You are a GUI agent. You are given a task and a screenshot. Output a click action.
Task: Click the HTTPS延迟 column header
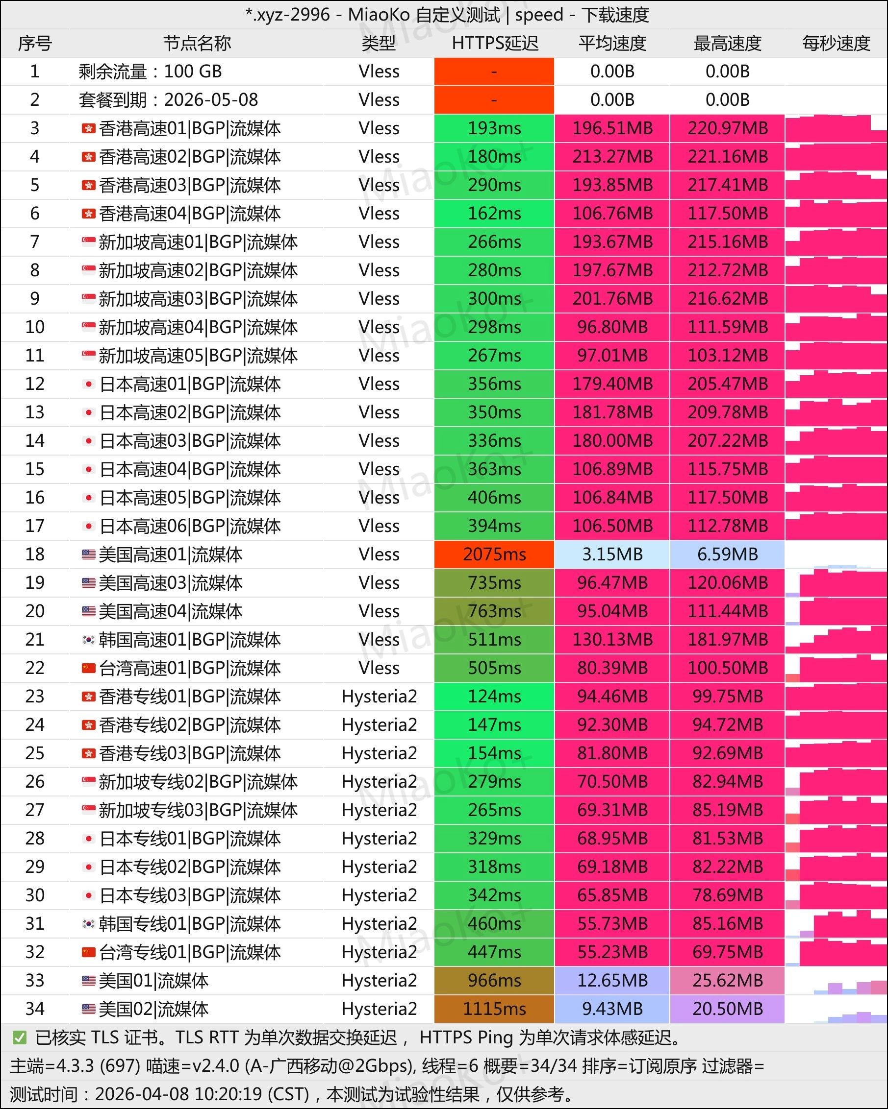[494, 43]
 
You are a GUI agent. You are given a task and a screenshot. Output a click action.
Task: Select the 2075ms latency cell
[494, 554]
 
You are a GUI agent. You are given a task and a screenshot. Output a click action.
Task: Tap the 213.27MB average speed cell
[612, 156]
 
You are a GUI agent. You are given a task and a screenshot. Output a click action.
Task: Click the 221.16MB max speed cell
[727, 156]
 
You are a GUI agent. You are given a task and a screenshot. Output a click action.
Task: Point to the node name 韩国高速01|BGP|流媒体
[189, 639]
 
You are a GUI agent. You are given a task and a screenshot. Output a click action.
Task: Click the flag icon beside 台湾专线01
[89, 952]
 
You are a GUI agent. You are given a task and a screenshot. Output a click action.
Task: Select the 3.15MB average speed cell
[612, 554]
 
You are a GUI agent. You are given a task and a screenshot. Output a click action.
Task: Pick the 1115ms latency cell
[494, 1009]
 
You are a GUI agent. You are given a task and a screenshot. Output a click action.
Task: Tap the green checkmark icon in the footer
[20, 1037]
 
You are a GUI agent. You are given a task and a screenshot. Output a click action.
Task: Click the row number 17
[34, 526]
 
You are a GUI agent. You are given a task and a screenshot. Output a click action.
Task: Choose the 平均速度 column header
[612, 43]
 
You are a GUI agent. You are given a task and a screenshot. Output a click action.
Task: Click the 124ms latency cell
[494, 696]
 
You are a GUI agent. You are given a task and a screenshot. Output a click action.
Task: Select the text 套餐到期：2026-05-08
[168, 100]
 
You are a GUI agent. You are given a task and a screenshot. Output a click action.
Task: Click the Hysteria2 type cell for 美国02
[379, 1009]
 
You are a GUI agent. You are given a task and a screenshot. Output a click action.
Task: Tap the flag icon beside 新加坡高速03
[89, 298]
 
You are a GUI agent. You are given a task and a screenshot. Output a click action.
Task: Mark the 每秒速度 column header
[836, 43]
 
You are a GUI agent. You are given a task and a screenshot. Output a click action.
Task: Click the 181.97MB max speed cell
[727, 639]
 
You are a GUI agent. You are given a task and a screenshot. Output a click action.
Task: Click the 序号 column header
[34, 43]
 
